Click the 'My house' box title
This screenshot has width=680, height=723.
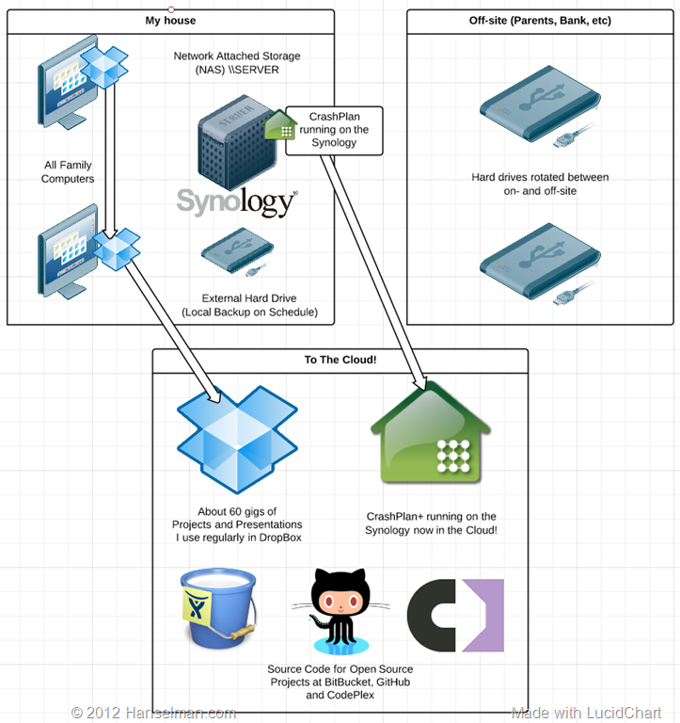(170, 21)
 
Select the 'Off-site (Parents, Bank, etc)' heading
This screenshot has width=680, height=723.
(540, 21)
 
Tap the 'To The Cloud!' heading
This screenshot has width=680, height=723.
(340, 360)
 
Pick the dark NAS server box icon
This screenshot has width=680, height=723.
(236, 142)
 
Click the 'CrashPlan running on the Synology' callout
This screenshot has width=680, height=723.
(334, 131)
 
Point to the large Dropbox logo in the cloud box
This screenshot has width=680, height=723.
(237, 440)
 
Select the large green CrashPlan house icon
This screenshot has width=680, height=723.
(431, 432)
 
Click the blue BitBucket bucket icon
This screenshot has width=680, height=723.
(218, 608)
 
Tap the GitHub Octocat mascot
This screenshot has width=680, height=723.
(340, 611)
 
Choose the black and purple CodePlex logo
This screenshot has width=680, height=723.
(455, 615)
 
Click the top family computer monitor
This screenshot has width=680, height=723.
(68, 83)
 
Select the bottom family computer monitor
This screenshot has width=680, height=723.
(68, 251)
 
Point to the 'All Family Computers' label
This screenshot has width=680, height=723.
(68, 171)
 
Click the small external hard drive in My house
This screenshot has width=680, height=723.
(238, 251)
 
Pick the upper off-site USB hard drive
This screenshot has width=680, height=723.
(540, 106)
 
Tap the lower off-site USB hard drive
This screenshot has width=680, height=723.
(540, 264)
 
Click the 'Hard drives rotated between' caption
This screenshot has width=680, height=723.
(540, 177)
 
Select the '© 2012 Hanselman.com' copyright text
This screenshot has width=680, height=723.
(153, 713)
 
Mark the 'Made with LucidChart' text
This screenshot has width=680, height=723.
(587, 713)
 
